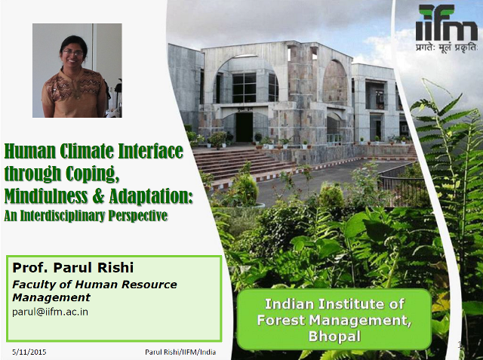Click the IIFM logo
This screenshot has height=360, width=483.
[x=446, y=23]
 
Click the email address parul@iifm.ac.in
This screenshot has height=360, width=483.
[x=51, y=312]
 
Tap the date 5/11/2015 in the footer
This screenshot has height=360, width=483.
[x=29, y=352]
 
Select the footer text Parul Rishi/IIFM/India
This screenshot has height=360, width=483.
[x=180, y=352]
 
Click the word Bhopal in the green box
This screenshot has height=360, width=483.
[x=334, y=336]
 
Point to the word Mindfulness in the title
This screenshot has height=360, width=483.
[x=46, y=196]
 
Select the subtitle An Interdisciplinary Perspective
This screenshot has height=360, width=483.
[x=86, y=216]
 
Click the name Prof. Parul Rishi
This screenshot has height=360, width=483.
[x=73, y=267]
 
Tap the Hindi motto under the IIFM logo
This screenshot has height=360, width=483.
[x=446, y=48]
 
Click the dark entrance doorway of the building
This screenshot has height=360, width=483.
[x=245, y=127]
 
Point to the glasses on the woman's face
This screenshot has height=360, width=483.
[x=73, y=54]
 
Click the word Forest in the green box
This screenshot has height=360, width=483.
[x=281, y=320]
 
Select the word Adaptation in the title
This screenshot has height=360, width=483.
[x=151, y=196]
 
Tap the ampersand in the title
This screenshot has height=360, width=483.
[x=98, y=196]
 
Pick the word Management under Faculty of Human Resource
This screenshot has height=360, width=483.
[x=51, y=298]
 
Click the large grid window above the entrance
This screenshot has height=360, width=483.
[x=244, y=88]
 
